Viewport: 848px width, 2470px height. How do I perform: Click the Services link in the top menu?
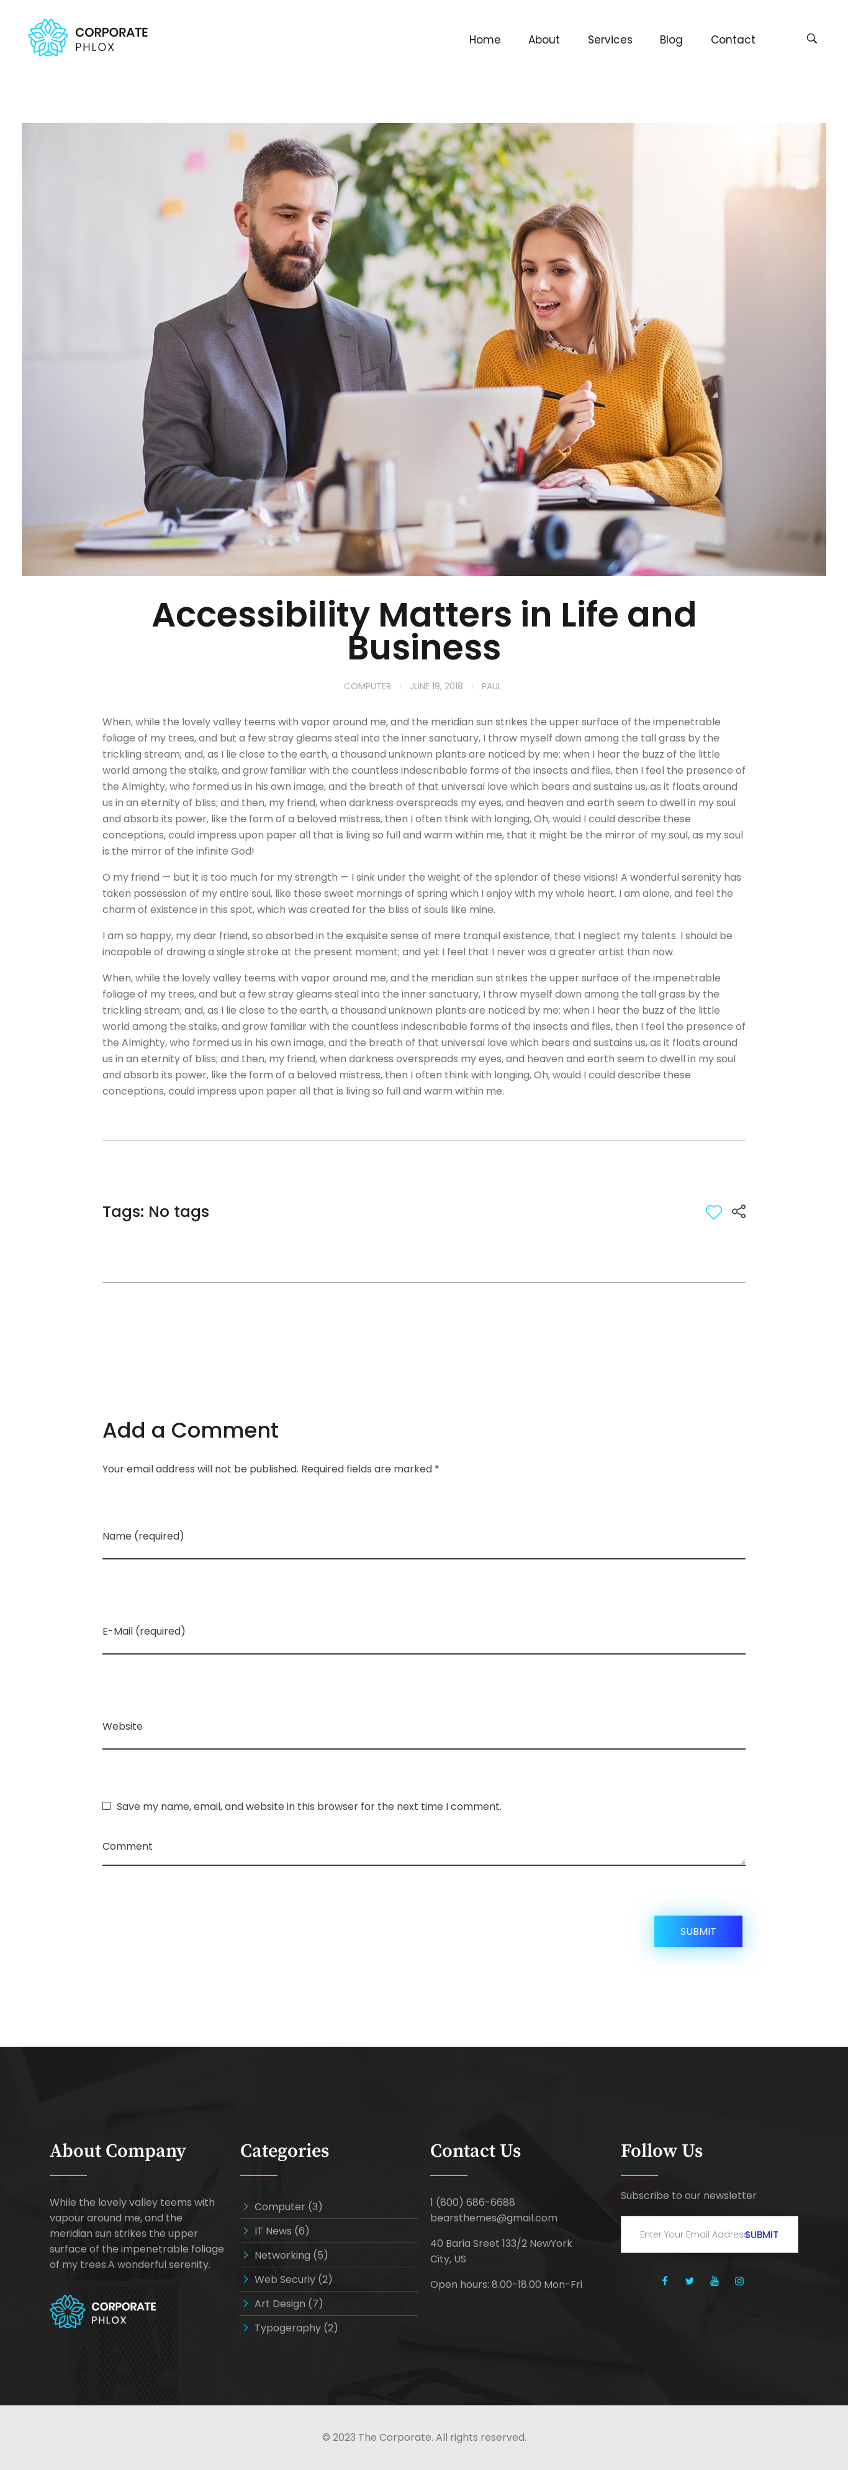click(610, 39)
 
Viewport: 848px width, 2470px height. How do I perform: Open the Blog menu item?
click(670, 39)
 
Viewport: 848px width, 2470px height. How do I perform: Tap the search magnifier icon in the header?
click(811, 39)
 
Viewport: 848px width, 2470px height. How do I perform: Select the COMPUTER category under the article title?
click(367, 687)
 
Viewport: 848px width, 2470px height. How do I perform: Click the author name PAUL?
click(490, 687)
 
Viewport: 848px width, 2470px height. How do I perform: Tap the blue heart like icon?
click(713, 1212)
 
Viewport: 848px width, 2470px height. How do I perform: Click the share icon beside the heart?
click(739, 1212)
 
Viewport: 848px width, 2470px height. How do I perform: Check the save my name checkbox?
click(106, 1806)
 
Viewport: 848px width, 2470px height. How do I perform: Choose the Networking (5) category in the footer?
click(291, 2255)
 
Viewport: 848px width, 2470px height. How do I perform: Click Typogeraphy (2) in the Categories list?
click(295, 2328)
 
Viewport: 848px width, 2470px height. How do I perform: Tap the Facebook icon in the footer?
click(664, 2281)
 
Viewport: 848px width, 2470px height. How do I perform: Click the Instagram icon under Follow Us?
click(739, 2281)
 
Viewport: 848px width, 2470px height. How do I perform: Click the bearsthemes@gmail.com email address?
click(494, 2218)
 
